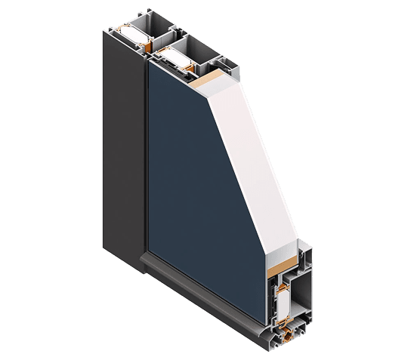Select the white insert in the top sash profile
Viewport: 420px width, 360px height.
click(175, 54)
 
